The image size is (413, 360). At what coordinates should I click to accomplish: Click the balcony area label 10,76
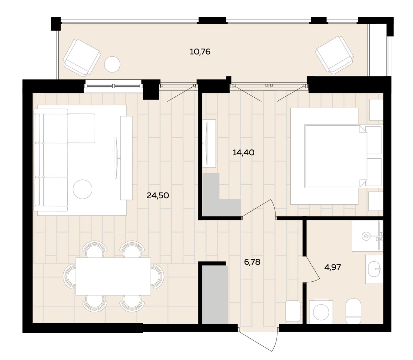click(x=200, y=52)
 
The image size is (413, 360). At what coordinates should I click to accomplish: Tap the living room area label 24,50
click(x=158, y=196)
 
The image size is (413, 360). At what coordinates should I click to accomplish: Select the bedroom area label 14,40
click(x=243, y=152)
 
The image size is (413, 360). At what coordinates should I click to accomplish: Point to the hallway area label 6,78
click(x=252, y=262)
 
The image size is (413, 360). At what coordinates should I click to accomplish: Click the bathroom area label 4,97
click(x=332, y=268)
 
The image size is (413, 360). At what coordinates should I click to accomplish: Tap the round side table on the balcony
click(x=112, y=64)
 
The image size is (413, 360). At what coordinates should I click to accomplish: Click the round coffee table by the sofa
click(x=83, y=189)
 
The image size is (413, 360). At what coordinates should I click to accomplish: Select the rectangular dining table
click(x=114, y=276)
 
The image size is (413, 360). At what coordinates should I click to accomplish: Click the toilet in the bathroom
click(x=353, y=312)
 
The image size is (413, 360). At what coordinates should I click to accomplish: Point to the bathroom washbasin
click(x=374, y=269)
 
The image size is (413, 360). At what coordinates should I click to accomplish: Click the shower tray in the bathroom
click(x=368, y=236)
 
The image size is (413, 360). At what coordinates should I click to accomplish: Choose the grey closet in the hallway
click(x=215, y=295)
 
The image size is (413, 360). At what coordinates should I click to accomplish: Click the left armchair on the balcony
click(x=82, y=58)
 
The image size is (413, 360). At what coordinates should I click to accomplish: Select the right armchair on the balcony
click(x=335, y=55)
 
